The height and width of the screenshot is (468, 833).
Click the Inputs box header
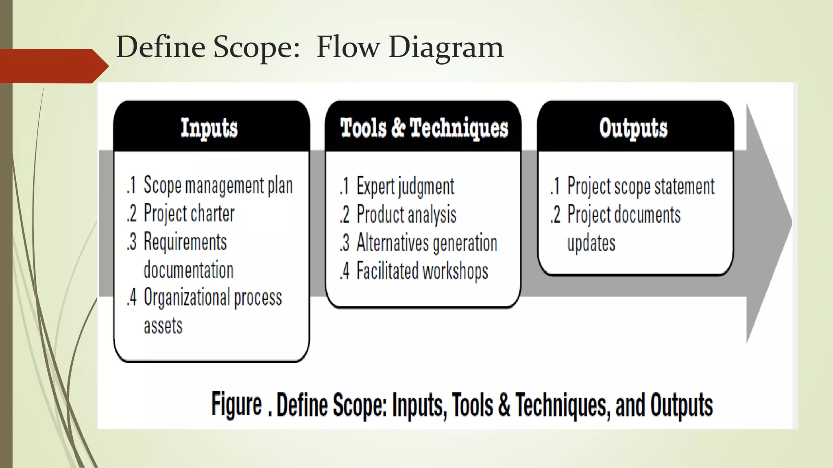point(209,128)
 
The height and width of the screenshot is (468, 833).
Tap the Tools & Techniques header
point(424,128)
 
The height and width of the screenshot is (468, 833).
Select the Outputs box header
point(633,128)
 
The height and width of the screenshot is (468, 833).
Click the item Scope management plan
point(218,186)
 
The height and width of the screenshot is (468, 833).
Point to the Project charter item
point(189,214)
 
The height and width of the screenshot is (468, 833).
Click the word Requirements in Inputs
point(185,242)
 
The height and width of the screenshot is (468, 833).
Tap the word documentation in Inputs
point(189,270)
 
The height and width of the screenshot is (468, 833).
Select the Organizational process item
point(213,298)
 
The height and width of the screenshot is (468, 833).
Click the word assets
point(163,326)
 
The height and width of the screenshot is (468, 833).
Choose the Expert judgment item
point(405,187)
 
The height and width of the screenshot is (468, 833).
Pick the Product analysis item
point(406,215)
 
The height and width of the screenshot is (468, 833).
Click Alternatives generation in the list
point(427,243)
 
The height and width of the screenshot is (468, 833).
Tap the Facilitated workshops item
point(422,271)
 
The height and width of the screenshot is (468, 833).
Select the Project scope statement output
point(641,187)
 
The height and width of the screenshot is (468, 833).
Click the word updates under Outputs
point(591,243)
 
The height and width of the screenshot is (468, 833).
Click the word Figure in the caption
point(236,405)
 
